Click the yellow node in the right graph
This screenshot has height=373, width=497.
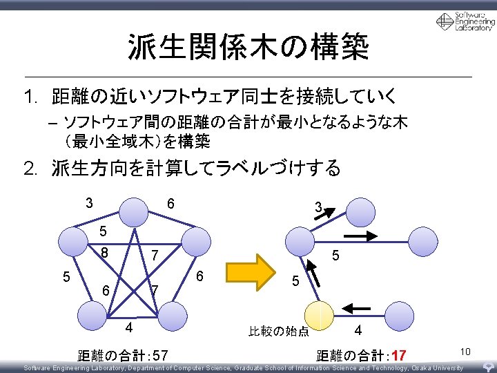(x=319, y=316)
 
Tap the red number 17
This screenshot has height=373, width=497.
(x=398, y=356)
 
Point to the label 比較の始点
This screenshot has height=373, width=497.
(x=279, y=332)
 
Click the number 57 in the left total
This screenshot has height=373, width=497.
(x=159, y=356)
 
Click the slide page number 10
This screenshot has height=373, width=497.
(x=465, y=352)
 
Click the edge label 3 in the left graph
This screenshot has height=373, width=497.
(x=89, y=203)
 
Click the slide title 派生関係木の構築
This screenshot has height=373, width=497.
(x=248, y=47)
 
